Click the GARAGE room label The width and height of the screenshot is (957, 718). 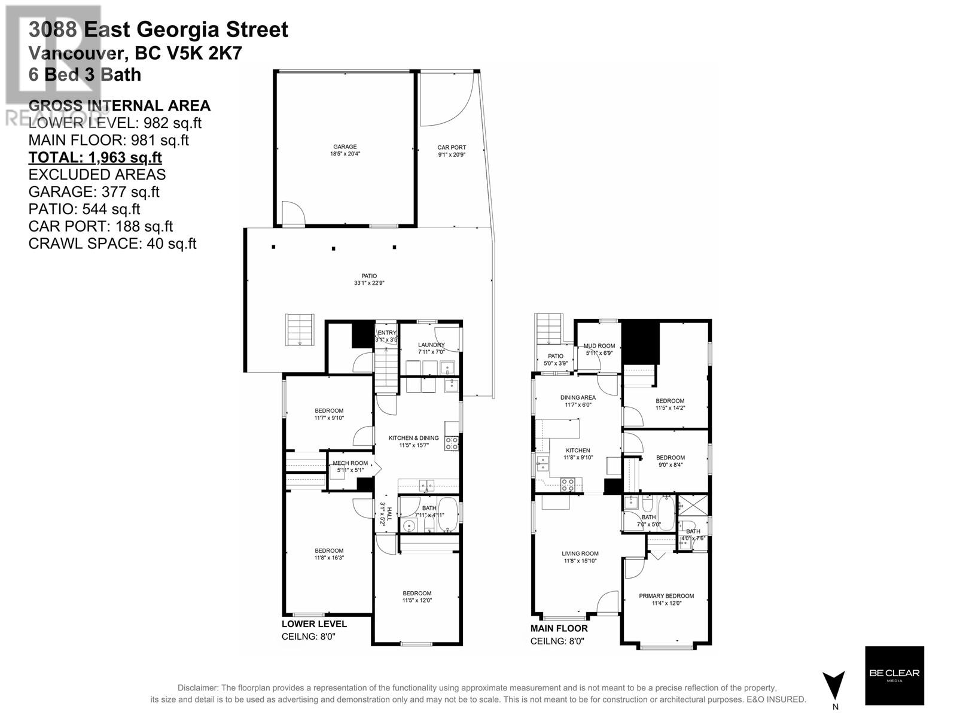click(345, 147)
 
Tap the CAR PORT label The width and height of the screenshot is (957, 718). click(451, 147)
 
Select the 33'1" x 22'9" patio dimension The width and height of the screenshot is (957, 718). click(368, 283)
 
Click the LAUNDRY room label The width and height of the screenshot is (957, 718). click(431, 345)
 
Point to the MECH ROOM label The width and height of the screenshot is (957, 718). click(350, 463)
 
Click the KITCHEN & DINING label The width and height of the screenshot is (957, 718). click(413, 438)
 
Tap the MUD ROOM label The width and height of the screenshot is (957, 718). click(599, 346)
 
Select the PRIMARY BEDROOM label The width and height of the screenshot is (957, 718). click(666, 596)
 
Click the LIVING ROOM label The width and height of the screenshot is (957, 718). click(580, 553)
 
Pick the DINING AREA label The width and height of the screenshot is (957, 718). click(578, 397)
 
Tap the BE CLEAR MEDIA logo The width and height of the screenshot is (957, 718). click(894, 675)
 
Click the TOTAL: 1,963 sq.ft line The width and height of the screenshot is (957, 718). click(95, 157)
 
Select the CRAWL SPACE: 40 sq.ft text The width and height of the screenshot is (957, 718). click(112, 244)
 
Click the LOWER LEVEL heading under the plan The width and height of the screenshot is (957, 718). click(314, 624)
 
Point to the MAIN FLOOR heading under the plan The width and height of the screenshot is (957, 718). click(559, 628)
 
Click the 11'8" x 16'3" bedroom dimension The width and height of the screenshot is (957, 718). click(329, 558)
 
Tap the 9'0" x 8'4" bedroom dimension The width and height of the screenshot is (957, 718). click(670, 465)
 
